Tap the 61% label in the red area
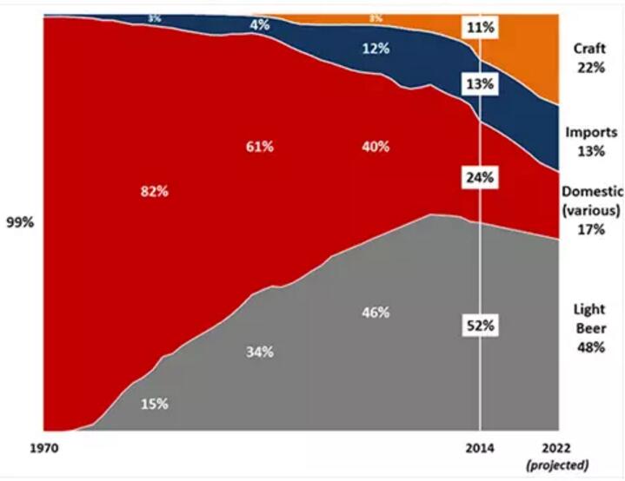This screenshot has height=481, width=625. click(259, 147)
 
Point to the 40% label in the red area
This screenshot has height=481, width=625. click(376, 147)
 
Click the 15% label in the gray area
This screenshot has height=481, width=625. click(154, 404)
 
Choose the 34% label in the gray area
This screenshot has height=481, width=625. click(259, 352)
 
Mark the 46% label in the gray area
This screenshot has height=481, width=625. click(376, 312)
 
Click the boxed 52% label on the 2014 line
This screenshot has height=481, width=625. click(480, 326)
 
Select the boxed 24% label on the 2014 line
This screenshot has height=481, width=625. click(480, 177)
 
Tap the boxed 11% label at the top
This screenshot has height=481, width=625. click(480, 28)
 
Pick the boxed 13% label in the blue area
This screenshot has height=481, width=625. click(480, 84)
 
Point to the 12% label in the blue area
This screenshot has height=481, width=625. click(376, 49)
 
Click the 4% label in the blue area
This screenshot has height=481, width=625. click(259, 24)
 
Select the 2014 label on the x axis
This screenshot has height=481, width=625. click(480, 448)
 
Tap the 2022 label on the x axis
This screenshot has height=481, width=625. click(558, 448)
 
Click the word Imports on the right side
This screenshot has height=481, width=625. click(590, 133)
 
